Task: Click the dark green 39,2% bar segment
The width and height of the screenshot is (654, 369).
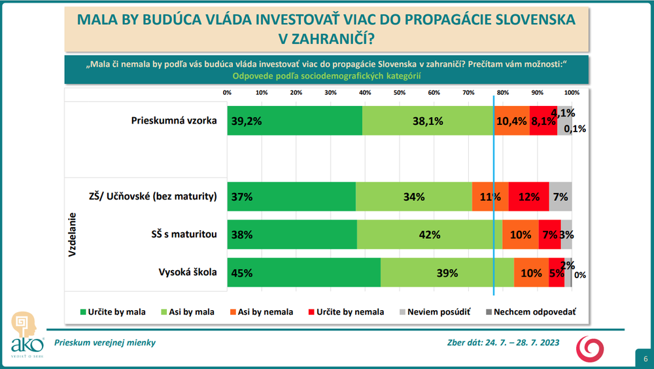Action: [294, 120]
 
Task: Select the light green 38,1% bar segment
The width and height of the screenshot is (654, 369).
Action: [428, 120]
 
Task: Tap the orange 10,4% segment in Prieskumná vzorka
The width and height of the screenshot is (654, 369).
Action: [511, 120]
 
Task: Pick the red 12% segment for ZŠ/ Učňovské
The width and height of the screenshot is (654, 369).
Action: [528, 196]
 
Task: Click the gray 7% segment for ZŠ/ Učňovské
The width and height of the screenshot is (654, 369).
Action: [560, 196]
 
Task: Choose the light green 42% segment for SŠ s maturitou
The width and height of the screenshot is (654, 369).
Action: [430, 234]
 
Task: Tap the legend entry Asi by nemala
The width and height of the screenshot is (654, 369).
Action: [261, 312]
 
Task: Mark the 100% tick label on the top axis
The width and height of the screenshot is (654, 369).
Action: [572, 92]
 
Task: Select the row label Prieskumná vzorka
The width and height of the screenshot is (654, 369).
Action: [174, 120]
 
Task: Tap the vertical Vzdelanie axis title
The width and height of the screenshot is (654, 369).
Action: [72, 234]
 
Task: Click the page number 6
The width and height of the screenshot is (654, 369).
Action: [645, 359]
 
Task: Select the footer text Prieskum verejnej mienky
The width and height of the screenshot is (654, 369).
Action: [105, 343]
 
